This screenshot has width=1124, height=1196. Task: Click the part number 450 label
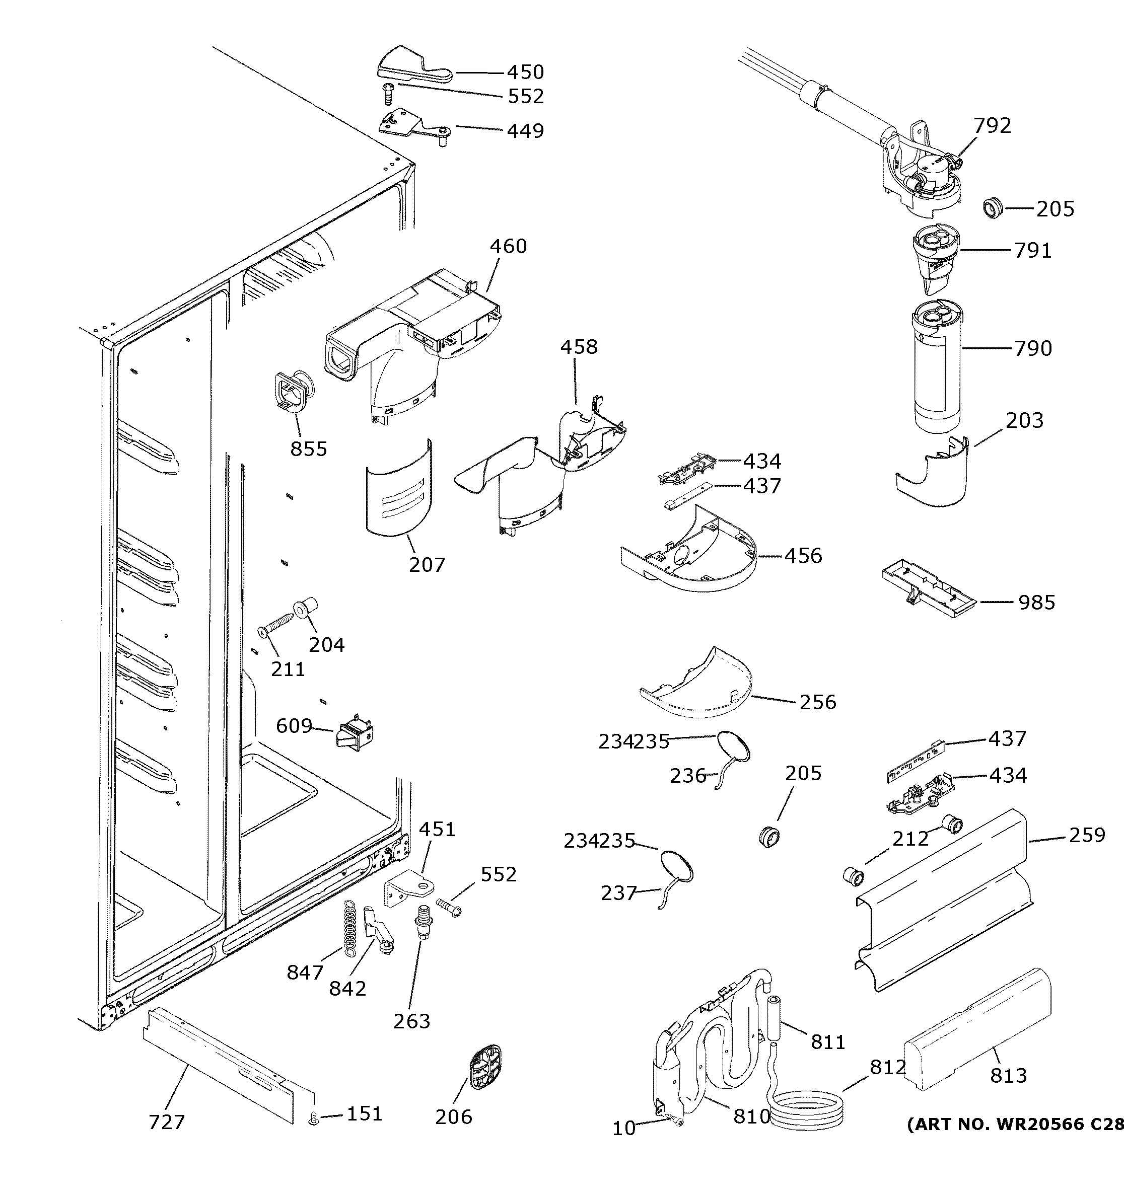coord(525,72)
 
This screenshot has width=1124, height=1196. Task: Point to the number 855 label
coord(309,449)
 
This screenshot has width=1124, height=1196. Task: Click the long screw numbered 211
coord(281,622)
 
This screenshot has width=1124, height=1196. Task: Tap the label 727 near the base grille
coord(167,1122)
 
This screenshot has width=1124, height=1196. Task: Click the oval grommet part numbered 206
coord(484,1067)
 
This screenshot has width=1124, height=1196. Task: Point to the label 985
coord(1036,602)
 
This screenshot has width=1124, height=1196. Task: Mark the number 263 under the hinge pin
coord(411,1021)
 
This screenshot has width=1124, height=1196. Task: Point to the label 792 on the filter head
coord(992,126)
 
